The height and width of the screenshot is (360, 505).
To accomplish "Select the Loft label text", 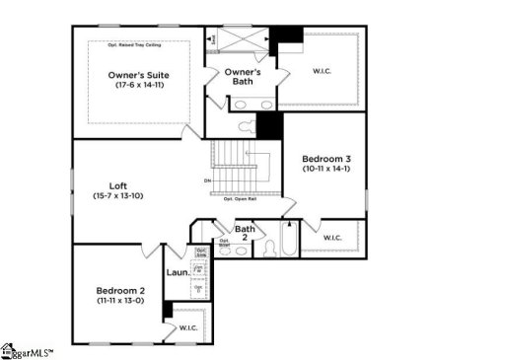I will tap(117, 185).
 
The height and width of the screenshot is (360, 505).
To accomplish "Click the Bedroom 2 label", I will tap(120, 290).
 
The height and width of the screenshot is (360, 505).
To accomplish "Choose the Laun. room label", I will tap(178, 272).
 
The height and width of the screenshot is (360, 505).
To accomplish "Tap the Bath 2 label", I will tap(246, 234).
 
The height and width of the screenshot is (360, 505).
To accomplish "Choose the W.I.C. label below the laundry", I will tap(187, 327).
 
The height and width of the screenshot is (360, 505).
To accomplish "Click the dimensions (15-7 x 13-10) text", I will tap(117, 197).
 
